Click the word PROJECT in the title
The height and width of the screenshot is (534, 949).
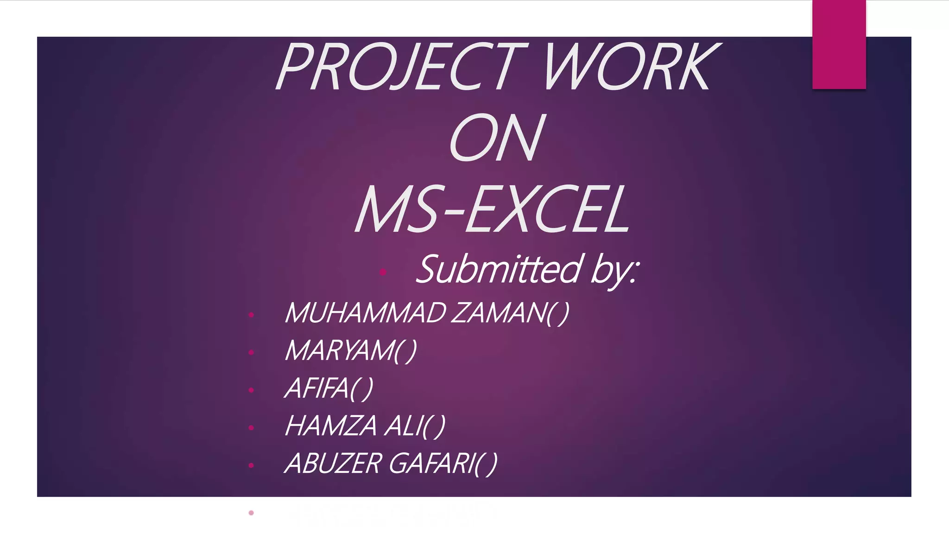[401, 67]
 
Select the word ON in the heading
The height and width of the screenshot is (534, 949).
[496, 138]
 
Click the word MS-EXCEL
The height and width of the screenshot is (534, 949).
[492, 210]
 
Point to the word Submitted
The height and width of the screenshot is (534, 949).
[498, 269]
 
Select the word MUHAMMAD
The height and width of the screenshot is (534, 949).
[366, 313]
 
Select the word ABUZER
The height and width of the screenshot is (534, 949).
[333, 463]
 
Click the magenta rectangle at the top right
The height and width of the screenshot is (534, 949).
[839, 44]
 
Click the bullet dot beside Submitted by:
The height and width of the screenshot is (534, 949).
[383, 272]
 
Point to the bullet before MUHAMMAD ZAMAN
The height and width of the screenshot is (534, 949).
[251, 315]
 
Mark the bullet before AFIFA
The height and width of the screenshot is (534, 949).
[251, 390]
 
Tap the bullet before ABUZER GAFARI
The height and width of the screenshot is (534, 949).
[251, 465]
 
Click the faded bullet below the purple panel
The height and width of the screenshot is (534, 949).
[251, 513]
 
